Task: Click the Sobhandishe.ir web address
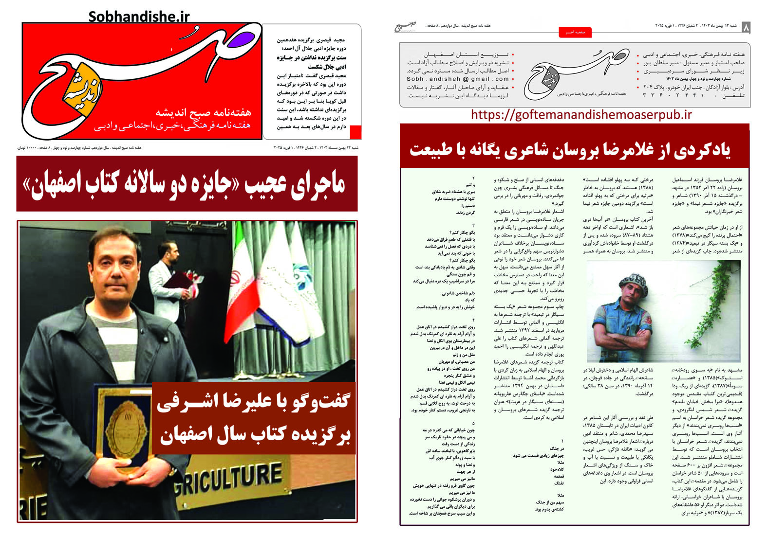(139, 17)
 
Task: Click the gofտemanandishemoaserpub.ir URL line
(581, 115)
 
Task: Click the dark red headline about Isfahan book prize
(187, 184)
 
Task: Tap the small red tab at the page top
(575, 32)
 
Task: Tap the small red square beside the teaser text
(355, 132)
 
